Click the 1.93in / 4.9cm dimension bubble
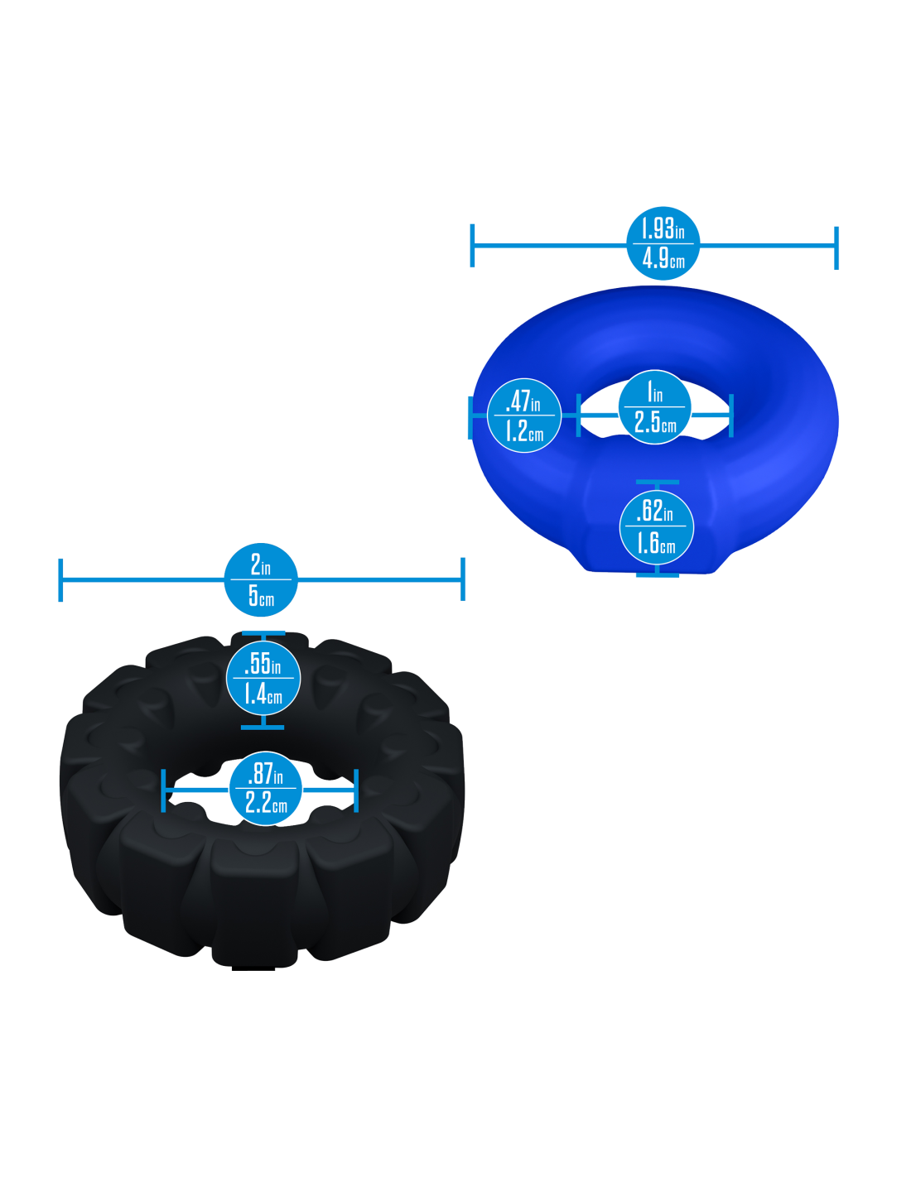point(663,243)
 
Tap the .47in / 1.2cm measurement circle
point(523,416)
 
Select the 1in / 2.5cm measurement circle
point(654,407)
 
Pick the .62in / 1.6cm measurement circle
point(656,526)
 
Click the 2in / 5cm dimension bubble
point(261,580)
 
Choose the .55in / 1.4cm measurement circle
point(263,679)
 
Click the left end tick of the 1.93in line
point(472,246)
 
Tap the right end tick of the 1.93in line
point(837,247)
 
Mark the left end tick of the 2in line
point(60,580)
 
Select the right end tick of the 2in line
point(463,579)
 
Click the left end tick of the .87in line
point(164,790)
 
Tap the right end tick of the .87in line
point(356,790)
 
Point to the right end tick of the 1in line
point(731,416)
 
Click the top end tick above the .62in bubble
point(657,482)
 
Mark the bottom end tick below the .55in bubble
point(263,728)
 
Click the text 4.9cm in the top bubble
point(663,259)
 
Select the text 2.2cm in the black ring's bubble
point(266,802)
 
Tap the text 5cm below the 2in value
point(261,596)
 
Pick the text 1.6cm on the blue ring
point(656,543)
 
